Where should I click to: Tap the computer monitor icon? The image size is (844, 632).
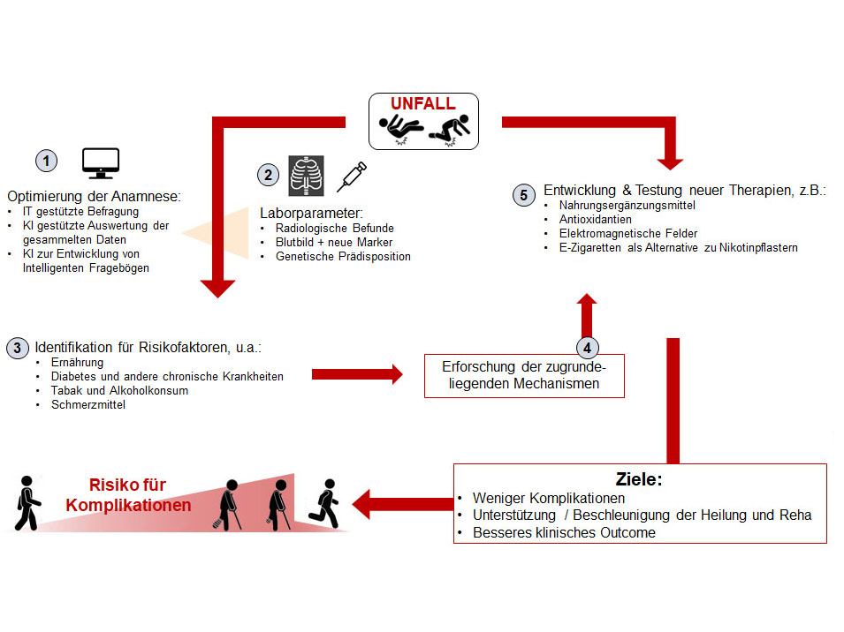100,162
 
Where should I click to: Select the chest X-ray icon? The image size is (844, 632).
307,176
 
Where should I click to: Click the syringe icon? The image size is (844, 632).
352,177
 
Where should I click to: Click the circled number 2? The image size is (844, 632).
268,176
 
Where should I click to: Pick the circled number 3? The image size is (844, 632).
17,347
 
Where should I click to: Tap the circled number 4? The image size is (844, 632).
589,348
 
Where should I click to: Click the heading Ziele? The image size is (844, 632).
639,479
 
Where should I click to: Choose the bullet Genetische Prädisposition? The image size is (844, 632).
342,257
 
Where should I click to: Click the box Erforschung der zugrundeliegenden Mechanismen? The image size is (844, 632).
525,375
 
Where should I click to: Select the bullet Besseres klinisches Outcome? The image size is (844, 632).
564,532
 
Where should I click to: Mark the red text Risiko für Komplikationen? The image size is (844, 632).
128,495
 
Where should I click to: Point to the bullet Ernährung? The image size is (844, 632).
78,362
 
